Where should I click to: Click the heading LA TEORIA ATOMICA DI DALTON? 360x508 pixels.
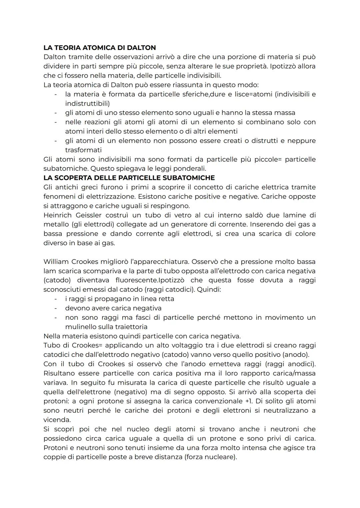pos(100,48)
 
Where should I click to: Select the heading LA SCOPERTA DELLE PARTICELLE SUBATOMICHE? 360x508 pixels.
pos(129,178)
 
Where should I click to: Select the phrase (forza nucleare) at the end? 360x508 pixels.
pos(210,457)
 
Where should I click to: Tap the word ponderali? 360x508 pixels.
pos(189,169)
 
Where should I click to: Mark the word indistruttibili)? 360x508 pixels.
pos(87,104)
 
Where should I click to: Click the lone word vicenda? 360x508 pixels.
pos(57,420)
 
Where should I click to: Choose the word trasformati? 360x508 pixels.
pos(83,150)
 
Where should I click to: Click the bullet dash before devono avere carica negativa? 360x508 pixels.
pos(56,308)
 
